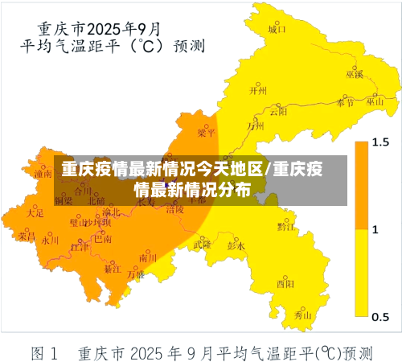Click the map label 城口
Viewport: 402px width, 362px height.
pyautogui.click(x=277, y=30)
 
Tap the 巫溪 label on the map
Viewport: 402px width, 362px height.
pyautogui.click(x=355, y=74)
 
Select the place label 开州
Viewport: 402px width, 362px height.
pyautogui.click(x=258, y=91)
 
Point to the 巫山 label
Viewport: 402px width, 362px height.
pyautogui.click(x=375, y=102)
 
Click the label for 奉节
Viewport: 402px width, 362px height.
pyautogui.click(x=346, y=103)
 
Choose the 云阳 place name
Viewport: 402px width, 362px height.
pyautogui.click(x=278, y=112)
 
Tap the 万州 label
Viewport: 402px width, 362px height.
pyautogui.click(x=256, y=125)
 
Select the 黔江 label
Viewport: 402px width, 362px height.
pyautogui.click(x=285, y=227)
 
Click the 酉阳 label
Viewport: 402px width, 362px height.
pyautogui.click(x=285, y=283)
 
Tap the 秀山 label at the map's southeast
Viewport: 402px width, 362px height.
pyautogui.click(x=302, y=316)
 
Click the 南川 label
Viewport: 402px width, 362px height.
pyautogui.click(x=148, y=258)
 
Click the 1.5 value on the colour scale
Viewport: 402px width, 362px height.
pyautogui.click(x=380, y=142)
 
